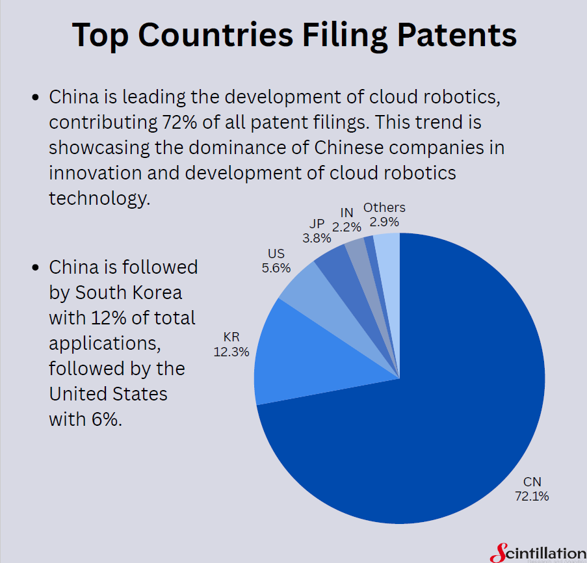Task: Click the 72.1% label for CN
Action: (532, 496)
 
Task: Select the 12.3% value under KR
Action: (232, 352)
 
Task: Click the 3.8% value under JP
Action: (316, 238)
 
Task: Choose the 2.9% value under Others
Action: (384, 222)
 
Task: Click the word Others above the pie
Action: (384, 207)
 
